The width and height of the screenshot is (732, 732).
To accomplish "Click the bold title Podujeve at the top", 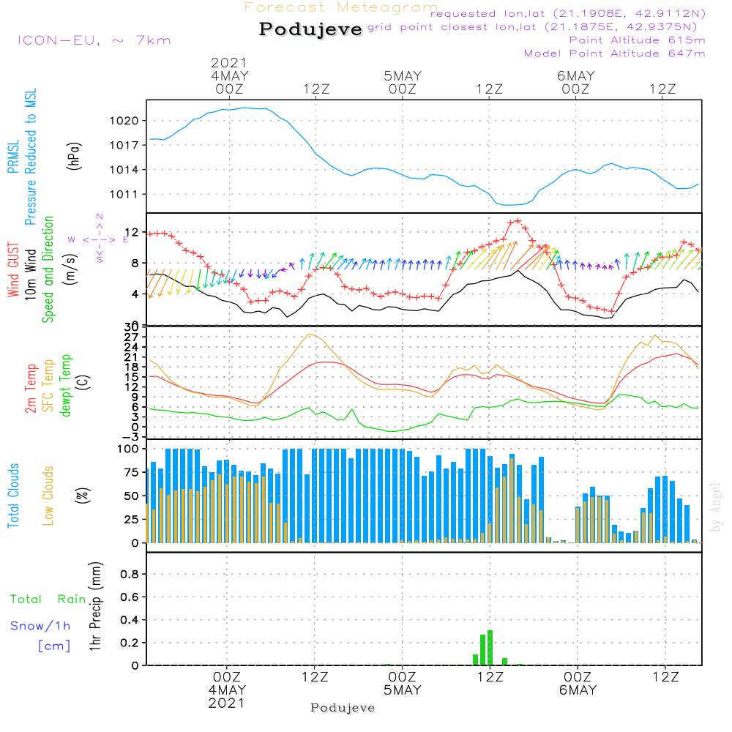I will pyautogui.click(x=311, y=29).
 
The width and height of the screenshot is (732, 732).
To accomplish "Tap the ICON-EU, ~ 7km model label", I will pyautogui.click(x=94, y=40).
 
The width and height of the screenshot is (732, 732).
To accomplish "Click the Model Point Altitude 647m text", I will pyautogui.click(x=615, y=53).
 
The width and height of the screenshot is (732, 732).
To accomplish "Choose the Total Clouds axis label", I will pyautogui.click(x=13, y=496).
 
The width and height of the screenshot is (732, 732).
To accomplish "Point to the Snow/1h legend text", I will pyautogui.click(x=41, y=627).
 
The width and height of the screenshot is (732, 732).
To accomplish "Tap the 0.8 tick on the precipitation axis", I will pyautogui.click(x=129, y=575).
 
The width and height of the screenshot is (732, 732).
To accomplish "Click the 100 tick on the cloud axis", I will pyautogui.click(x=127, y=449).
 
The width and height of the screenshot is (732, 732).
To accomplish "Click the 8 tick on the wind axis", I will pyautogui.click(x=134, y=263).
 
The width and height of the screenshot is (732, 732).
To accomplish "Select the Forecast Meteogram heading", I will pyautogui.click(x=341, y=8).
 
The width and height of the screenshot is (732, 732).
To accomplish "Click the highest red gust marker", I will pyautogui.click(x=518, y=220).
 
